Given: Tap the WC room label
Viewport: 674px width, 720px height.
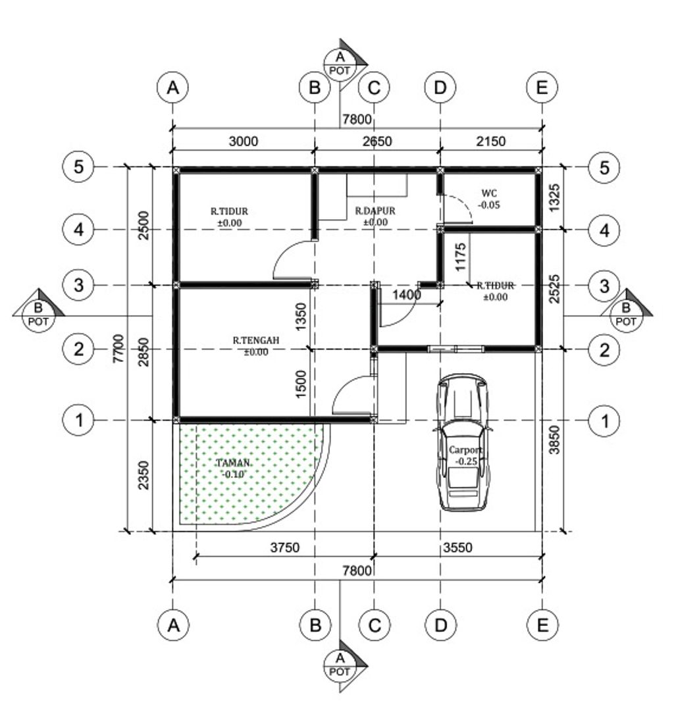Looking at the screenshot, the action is tap(489, 193).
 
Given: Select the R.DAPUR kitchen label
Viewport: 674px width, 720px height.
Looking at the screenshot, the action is tap(375, 211).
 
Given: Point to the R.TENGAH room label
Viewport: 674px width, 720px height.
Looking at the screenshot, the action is tap(256, 340).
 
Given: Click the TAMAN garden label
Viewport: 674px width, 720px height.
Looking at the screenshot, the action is tap(233, 463).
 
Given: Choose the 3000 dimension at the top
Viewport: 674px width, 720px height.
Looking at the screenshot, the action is tap(244, 141).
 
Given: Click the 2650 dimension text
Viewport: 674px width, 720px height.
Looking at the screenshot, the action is tap(377, 141).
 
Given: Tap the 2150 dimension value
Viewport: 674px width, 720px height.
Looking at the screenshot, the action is tap(491, 141).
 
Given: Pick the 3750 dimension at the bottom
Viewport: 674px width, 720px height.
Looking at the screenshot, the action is tap(284, 548).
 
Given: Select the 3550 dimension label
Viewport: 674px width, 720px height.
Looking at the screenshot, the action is tap(457, 548).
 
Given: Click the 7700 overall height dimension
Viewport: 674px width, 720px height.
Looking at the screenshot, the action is tap(118, 349).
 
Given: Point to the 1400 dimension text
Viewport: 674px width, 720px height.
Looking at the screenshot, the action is tap(406, 294).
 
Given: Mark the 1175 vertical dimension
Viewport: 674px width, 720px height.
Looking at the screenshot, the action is tap(460, 257).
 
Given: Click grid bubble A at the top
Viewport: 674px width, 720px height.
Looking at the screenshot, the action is tap(172, 88).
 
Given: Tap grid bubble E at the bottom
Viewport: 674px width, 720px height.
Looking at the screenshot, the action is tap(542, 625).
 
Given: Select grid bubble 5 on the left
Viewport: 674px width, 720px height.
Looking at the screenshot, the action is tap(78, 167).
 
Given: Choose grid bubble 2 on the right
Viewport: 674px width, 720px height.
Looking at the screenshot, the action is tap(604, 349).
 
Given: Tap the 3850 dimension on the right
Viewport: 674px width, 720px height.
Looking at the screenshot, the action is tap(555, 440).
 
